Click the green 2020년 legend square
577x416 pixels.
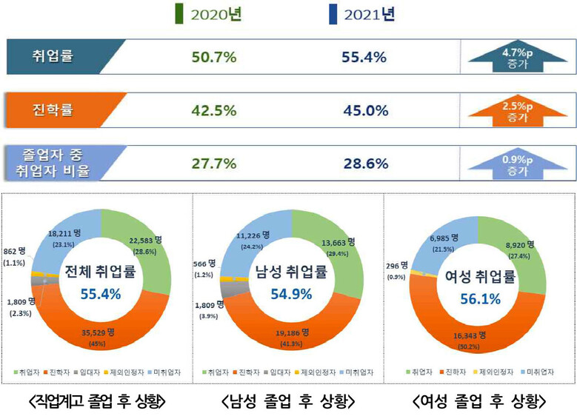point(178,14)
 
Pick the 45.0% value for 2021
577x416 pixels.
point(365,111)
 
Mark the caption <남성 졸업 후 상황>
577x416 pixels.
point(287,401)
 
